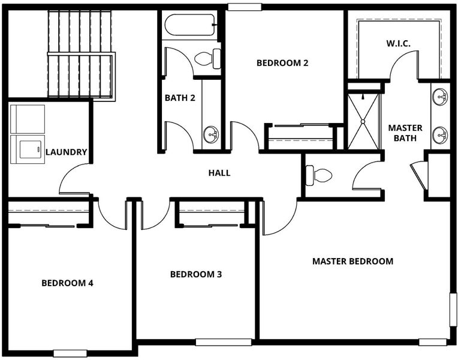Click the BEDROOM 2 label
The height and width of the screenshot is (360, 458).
coord(282,63)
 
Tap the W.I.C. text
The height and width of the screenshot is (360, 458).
coord(399,44)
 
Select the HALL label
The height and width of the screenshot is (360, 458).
coord(219,173)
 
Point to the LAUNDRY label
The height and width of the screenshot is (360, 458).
coord(67,152)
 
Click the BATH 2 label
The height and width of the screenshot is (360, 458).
coord(180,98)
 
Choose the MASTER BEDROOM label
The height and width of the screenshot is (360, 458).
coord(352,261)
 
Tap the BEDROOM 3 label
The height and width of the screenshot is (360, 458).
coord(195,274)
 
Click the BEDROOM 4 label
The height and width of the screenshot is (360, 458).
coord(67,283)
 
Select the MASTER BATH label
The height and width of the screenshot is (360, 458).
coord(405,133)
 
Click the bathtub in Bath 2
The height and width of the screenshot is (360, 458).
coord(190,25)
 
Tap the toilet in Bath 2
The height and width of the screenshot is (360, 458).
coord(207,59)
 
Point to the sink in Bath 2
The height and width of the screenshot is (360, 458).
coord(210,135)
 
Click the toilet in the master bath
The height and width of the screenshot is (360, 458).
coord(318,175)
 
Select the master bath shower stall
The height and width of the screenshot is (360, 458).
coord(363,121)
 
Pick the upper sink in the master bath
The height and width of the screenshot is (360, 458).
coord(440,97)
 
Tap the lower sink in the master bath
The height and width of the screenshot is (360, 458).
coord(440,135)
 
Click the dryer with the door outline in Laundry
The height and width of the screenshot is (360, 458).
coord(28,149)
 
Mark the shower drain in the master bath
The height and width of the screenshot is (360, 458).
coord(363,121)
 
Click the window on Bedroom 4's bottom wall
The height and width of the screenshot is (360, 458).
coord(70,353)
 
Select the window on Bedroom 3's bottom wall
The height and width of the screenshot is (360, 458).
coord(224,342)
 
